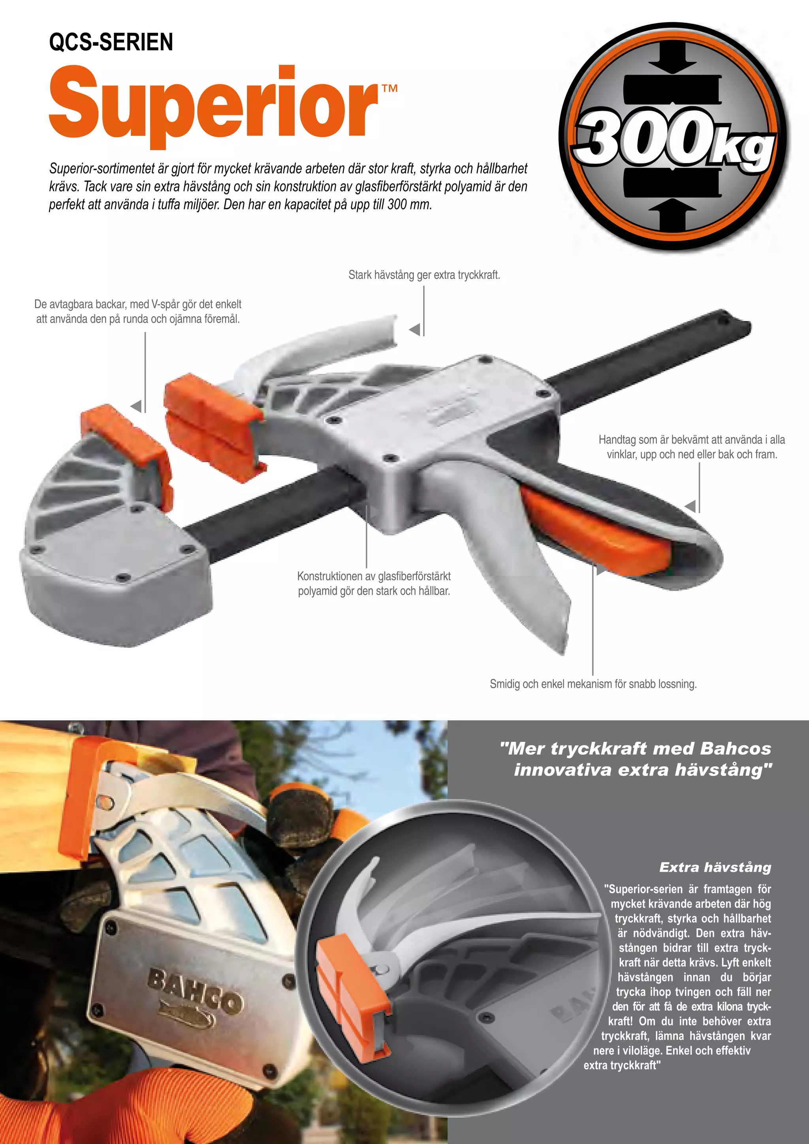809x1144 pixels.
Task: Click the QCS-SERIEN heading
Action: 111,42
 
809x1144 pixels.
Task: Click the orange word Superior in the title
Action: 213,105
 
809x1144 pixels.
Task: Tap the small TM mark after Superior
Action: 389,89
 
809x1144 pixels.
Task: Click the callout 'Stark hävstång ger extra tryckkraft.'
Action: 424,275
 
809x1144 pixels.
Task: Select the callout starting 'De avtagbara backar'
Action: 138,311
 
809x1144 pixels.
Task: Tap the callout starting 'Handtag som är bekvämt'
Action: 691,446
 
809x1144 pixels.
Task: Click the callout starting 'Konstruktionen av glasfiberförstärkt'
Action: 374,583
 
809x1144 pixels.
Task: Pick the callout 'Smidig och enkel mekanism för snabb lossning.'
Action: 593,684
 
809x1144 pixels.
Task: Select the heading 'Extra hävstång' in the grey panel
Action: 715,867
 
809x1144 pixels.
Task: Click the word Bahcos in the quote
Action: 735,749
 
